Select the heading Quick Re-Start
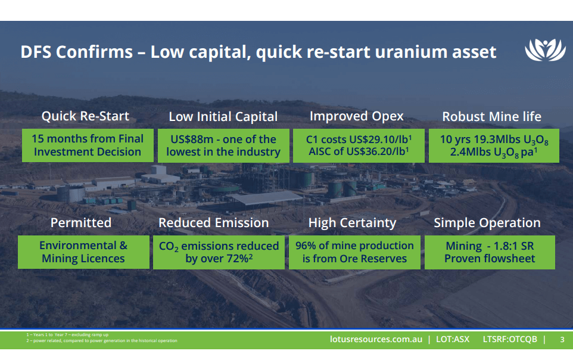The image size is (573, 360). point(85,116)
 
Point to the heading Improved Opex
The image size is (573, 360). point(356,116)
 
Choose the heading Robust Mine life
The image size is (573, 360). point(491,116)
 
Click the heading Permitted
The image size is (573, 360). point(81,222)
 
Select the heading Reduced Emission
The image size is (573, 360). point(213,222)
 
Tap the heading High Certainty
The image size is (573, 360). point(352,222)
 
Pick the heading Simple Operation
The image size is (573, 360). point(487,222)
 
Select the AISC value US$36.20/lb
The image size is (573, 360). point(376,152)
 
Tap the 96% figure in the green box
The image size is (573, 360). point(307,246)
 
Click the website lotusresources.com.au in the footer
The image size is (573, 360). point(376,339)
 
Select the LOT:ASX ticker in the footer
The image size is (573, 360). point(453,339)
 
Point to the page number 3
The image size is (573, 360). point(562,339)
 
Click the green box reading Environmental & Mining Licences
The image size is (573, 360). point(83,252)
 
